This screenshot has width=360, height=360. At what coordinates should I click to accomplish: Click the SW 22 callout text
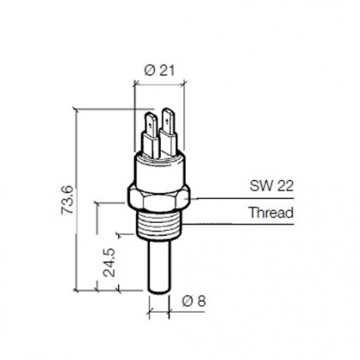click(272, 186)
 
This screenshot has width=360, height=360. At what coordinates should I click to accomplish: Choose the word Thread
click(271, 213)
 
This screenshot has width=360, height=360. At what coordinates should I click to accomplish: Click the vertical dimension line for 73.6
click(77, 199)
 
